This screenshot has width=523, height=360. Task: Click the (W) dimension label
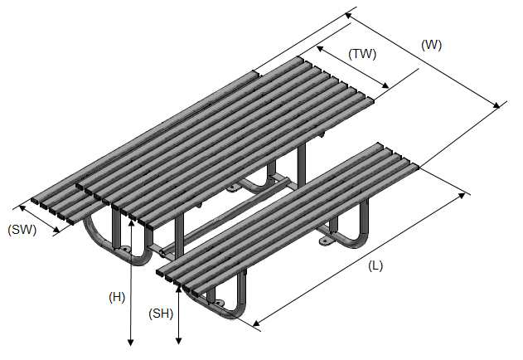click(x=431, y=45)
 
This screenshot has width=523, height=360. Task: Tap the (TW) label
click(x=362, y=55)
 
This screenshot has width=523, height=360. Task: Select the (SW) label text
click(x=22, y=230)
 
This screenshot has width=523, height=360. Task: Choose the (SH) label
click(x=160, y=314)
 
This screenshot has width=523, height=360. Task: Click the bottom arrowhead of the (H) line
click(x=131, y=341)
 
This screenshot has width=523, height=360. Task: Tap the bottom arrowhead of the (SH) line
click(x=180, y=340)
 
